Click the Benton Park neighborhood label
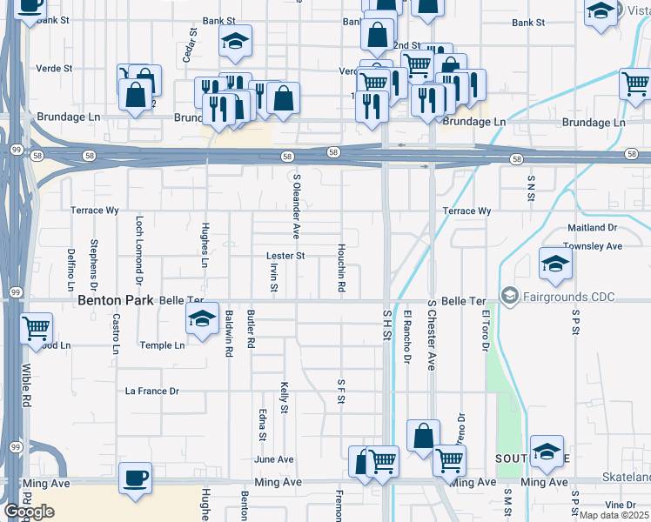117,300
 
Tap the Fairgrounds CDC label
568,297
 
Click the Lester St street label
285,256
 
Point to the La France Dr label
152,391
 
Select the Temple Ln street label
163,345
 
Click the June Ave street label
274,459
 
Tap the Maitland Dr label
593,228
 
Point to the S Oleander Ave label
296,206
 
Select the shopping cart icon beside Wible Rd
36,328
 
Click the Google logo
29,512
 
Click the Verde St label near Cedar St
52,68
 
